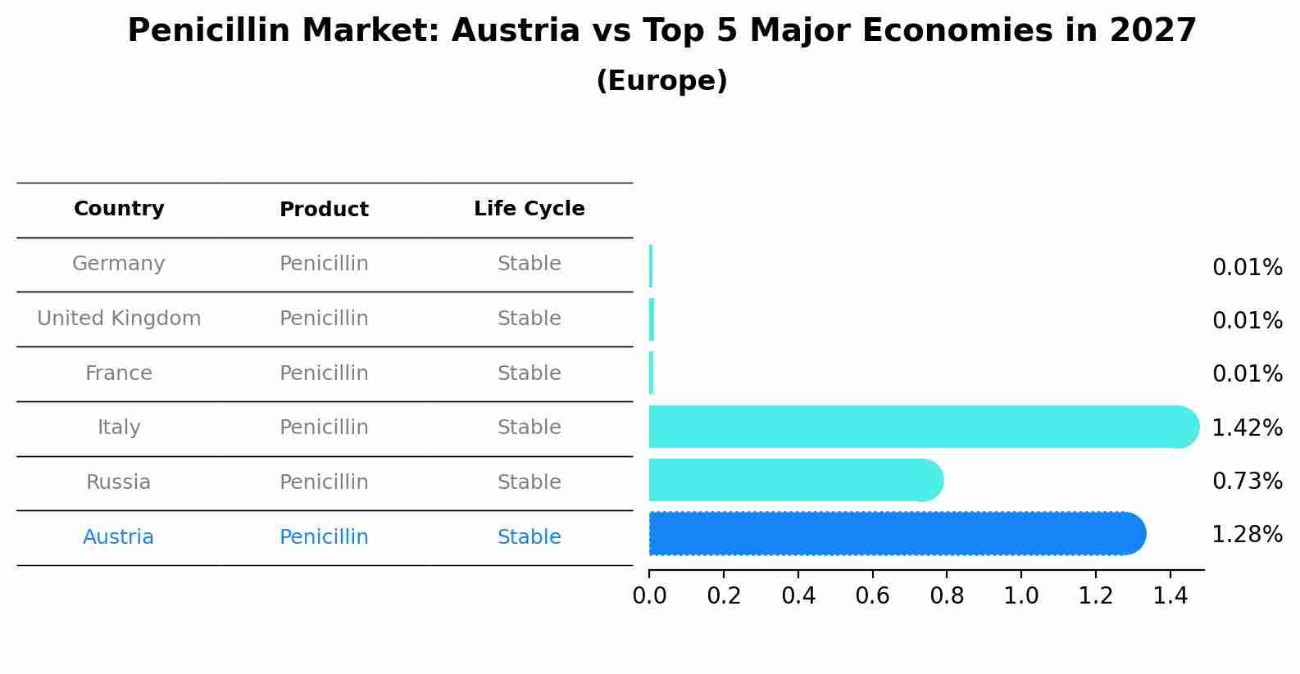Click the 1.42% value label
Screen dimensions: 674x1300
(1247, 427)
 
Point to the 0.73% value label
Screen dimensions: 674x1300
(1247, 481)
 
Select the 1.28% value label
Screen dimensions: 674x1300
(1247, 535)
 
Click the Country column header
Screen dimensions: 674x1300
(119, 209)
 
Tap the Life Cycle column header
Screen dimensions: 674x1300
(529, 209)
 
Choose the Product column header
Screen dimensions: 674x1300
(324, 210)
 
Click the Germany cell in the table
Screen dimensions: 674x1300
(119, 264)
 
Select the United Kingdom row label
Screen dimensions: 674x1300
(119, 319)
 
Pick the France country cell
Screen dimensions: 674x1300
(119, 373)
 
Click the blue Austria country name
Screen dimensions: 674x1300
(118, 537)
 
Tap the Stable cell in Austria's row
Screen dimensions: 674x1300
(529, 537)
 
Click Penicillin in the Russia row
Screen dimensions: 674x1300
(324, 482)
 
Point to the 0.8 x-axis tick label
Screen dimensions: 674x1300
(947, 596)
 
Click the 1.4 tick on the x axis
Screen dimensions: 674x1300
(1170, 596)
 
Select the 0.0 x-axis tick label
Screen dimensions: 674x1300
(649, 596)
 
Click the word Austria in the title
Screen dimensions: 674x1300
(516, 31)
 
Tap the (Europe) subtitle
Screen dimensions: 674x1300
(661, 81)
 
